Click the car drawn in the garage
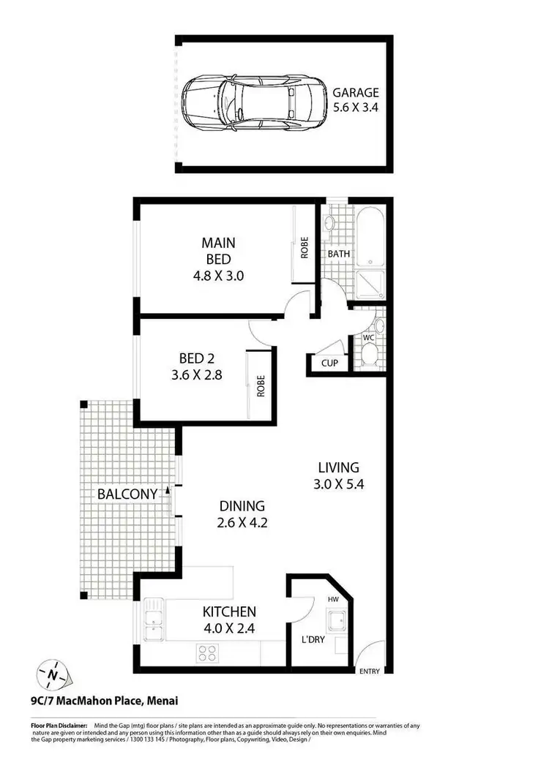tap(253, 103)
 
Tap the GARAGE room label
tap(356, 93)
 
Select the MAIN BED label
tap(218, 250)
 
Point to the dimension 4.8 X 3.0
tap(218, 276)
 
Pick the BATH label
tap(338, 254)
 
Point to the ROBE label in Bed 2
tap(260, 385)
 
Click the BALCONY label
tap(127, 494)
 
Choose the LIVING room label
tap(338, 467)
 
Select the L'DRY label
tap(313, 641)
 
